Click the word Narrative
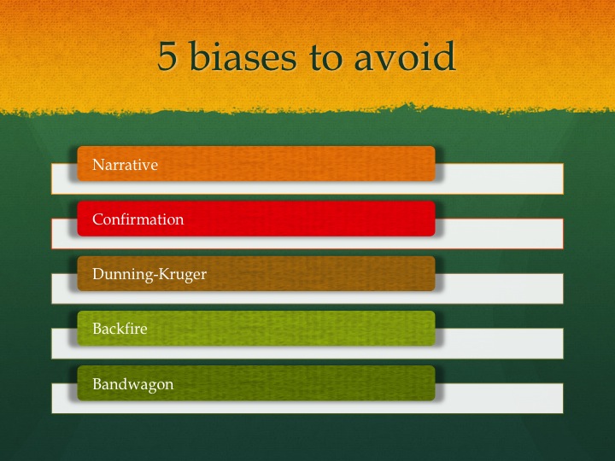[126, 165]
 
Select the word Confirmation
[138, 219]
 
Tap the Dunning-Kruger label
[149, 274]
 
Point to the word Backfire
[120, 329]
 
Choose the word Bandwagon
[133, 383]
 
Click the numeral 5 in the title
[169, 57]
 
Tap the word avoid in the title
[407, 57]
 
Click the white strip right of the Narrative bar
[500, 178]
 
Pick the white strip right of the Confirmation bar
[500, 233]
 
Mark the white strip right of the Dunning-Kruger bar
[500, 288]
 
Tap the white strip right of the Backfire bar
[500, 342]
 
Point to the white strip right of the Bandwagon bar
[500, 397]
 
